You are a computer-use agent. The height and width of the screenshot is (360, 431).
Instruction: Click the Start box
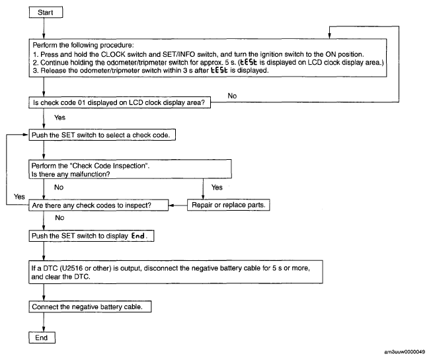tap(46, 13)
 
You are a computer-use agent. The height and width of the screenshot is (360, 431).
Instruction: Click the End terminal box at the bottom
tap(42, 338)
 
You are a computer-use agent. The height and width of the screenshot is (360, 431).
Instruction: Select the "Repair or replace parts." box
tap(229, 205)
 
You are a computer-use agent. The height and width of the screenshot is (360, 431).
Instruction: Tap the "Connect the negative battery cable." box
tap(90, 306)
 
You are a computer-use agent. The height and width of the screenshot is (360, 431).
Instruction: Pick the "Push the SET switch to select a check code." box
tap(102, 135)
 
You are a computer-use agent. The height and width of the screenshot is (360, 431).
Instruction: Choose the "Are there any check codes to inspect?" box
tap(98, 205)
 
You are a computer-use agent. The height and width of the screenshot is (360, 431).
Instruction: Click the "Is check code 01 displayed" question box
tap(120, 102)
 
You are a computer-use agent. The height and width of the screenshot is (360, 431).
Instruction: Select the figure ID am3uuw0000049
tap(405, 352)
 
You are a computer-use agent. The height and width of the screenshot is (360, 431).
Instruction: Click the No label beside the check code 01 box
tap(232, 96)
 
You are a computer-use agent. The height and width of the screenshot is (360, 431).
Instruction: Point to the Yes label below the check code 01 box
tap(59, 118)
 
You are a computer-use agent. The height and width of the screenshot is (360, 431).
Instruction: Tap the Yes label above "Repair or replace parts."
tap(217, 188)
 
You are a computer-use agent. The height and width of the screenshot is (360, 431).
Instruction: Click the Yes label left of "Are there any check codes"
tap(19, 197)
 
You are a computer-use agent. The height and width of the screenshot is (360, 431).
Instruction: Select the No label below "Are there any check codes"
tap(59, 218)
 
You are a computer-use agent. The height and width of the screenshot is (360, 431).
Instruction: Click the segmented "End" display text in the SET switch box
tap(138, 236)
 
